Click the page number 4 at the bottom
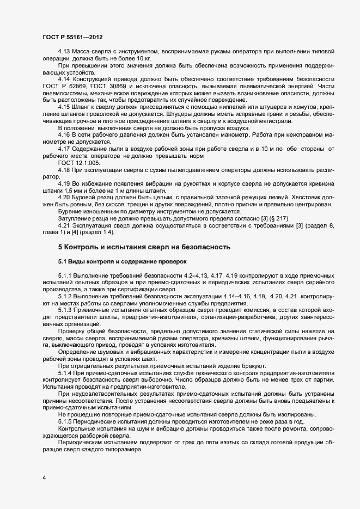point(44,478)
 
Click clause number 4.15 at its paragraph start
point(64,107)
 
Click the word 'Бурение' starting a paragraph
point(70,211)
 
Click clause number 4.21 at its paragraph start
point(64,225)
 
